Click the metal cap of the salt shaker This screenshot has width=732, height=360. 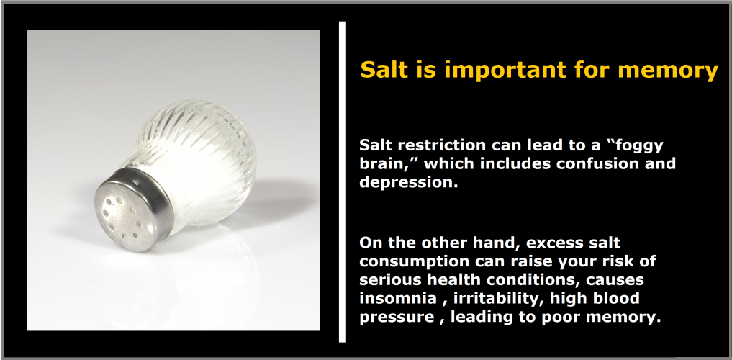click(132, 209)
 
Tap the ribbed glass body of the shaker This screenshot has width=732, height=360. click(196, 158)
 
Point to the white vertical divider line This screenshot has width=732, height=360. click(343, 181)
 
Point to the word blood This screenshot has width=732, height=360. click(615, 298)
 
